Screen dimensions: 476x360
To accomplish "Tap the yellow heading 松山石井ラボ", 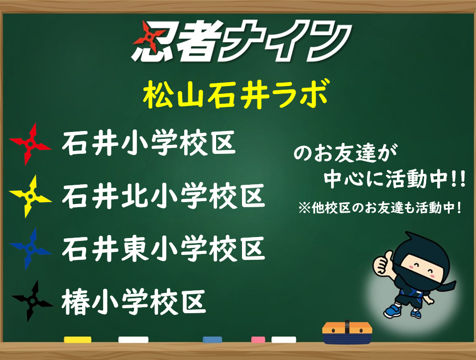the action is click(236, 95).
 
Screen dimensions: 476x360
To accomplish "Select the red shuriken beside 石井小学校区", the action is click(30, 143).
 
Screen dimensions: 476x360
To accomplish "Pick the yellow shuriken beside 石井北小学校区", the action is click(30, 196).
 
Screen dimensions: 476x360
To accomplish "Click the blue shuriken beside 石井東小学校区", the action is click(30, 249).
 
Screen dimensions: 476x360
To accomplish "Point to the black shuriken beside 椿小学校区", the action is click(32, 301).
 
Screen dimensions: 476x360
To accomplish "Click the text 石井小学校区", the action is click(149, 143).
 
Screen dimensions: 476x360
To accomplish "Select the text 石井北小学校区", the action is click(164, 196).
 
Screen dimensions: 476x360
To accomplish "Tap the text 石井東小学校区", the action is click(164, 248).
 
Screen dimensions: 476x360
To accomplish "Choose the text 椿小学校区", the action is click(134, 302).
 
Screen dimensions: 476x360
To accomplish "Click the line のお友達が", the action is click(345, 153).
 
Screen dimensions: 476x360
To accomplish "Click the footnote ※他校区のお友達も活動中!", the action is click(380, 208).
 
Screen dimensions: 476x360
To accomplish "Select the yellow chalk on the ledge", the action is click(77, 340).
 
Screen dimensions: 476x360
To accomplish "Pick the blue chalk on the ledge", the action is click(212, 340).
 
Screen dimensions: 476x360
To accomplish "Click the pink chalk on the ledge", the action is click(258, 340).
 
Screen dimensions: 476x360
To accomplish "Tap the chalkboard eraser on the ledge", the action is click(347, 332).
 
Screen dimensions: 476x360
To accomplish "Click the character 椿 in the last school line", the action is click(75, 302).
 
